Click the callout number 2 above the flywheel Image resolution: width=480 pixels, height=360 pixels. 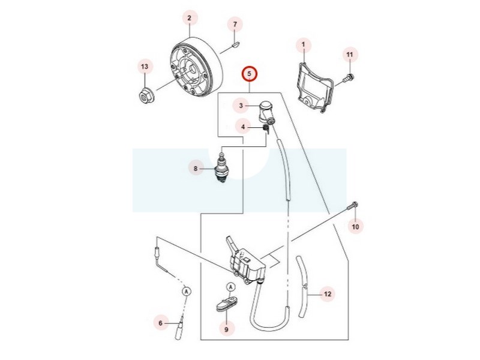189,18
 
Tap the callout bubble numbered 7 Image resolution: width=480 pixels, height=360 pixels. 235,24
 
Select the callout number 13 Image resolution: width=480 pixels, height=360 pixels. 145,67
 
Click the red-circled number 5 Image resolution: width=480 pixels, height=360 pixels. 250,74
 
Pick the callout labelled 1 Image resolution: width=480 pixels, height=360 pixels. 304,44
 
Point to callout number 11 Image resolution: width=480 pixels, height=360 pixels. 350,55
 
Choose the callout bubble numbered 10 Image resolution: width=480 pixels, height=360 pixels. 355,227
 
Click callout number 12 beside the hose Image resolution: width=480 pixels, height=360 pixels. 327,294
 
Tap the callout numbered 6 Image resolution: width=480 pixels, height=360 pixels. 161,323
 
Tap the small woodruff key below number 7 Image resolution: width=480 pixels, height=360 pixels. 235,44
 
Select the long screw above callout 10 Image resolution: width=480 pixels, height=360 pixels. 353,206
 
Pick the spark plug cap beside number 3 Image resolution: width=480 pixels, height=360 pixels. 266,112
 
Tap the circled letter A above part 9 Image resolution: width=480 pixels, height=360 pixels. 231,287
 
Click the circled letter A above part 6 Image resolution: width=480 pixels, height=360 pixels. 187,291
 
